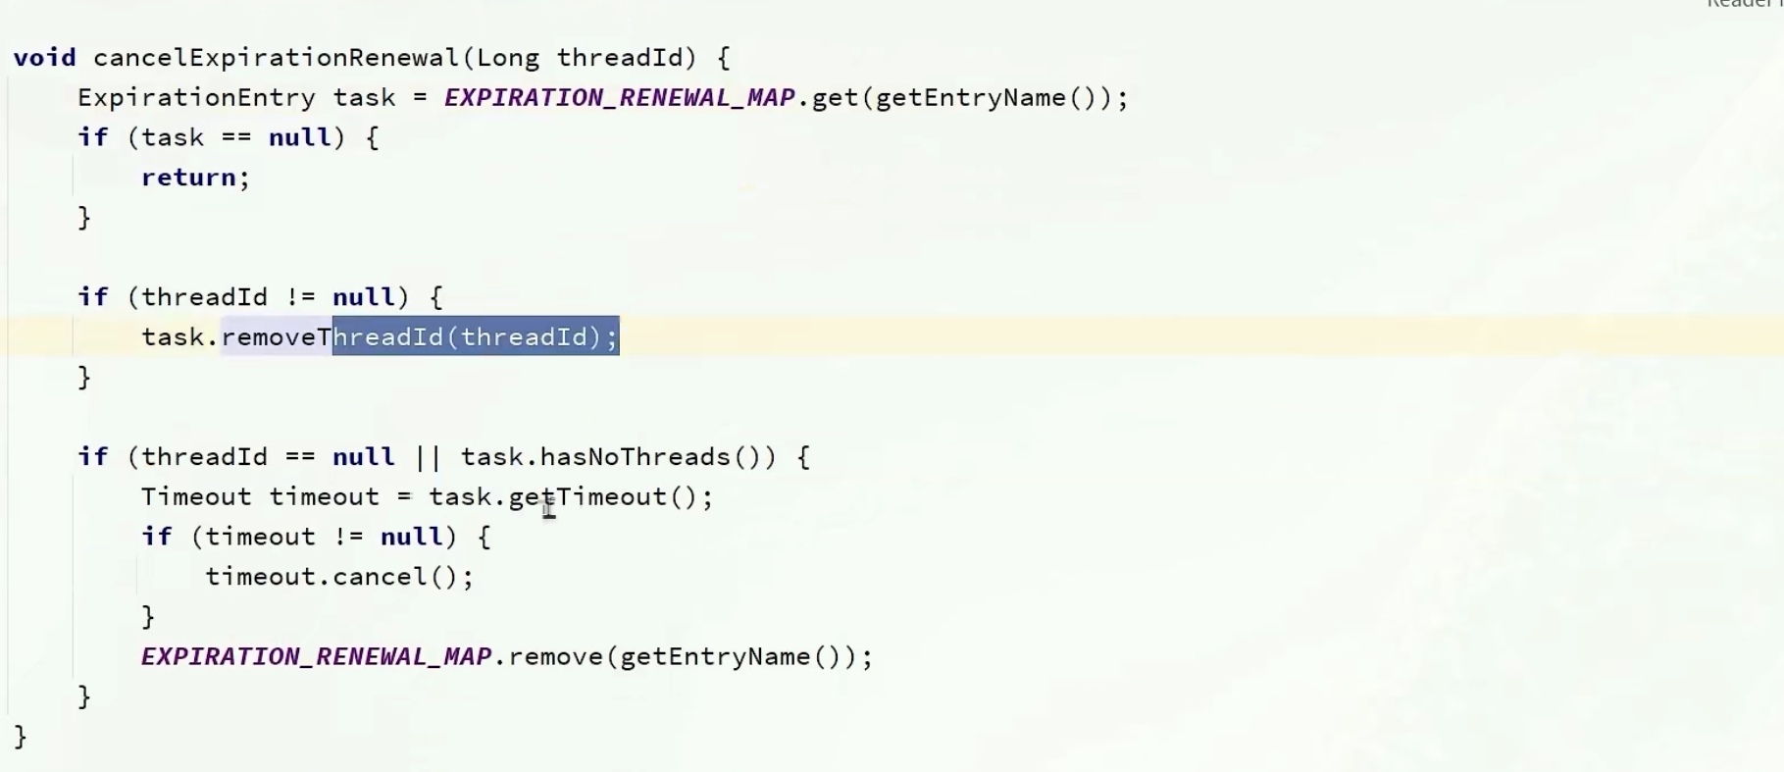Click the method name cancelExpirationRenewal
pyautogui.click(x=276, y=58)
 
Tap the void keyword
pyautogui.click(x=44, y=58)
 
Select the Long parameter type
pyautogui.click(x=508, y=58)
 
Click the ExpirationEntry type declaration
pyautogui.click(x=196, y=98)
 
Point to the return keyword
pyautogui.click(x=189, y=178)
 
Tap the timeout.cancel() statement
pyautogui.click(x=338, y=577)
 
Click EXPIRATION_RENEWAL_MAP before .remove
pyautogui.click(x=316, y=657)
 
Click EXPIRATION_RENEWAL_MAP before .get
pyautogui.click(x=619, y=98)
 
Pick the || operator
pyautogui.click(x=428, y=457)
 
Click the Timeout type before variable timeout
pyautogui.click(x=196, y=497)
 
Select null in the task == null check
pyautogui.click(x=299, y=137)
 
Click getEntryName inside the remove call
pyautogui.click(x=715, y=657)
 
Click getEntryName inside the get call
pyautogui.click(x=970, y=98)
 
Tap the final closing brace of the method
pyautogui.click(x=21, y=737)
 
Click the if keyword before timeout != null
pyautogui.click(x=156, y=537)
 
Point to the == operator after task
pyautogui.click(x=235, y=137)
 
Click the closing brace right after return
pyautogui.click(x=84, y=218)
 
